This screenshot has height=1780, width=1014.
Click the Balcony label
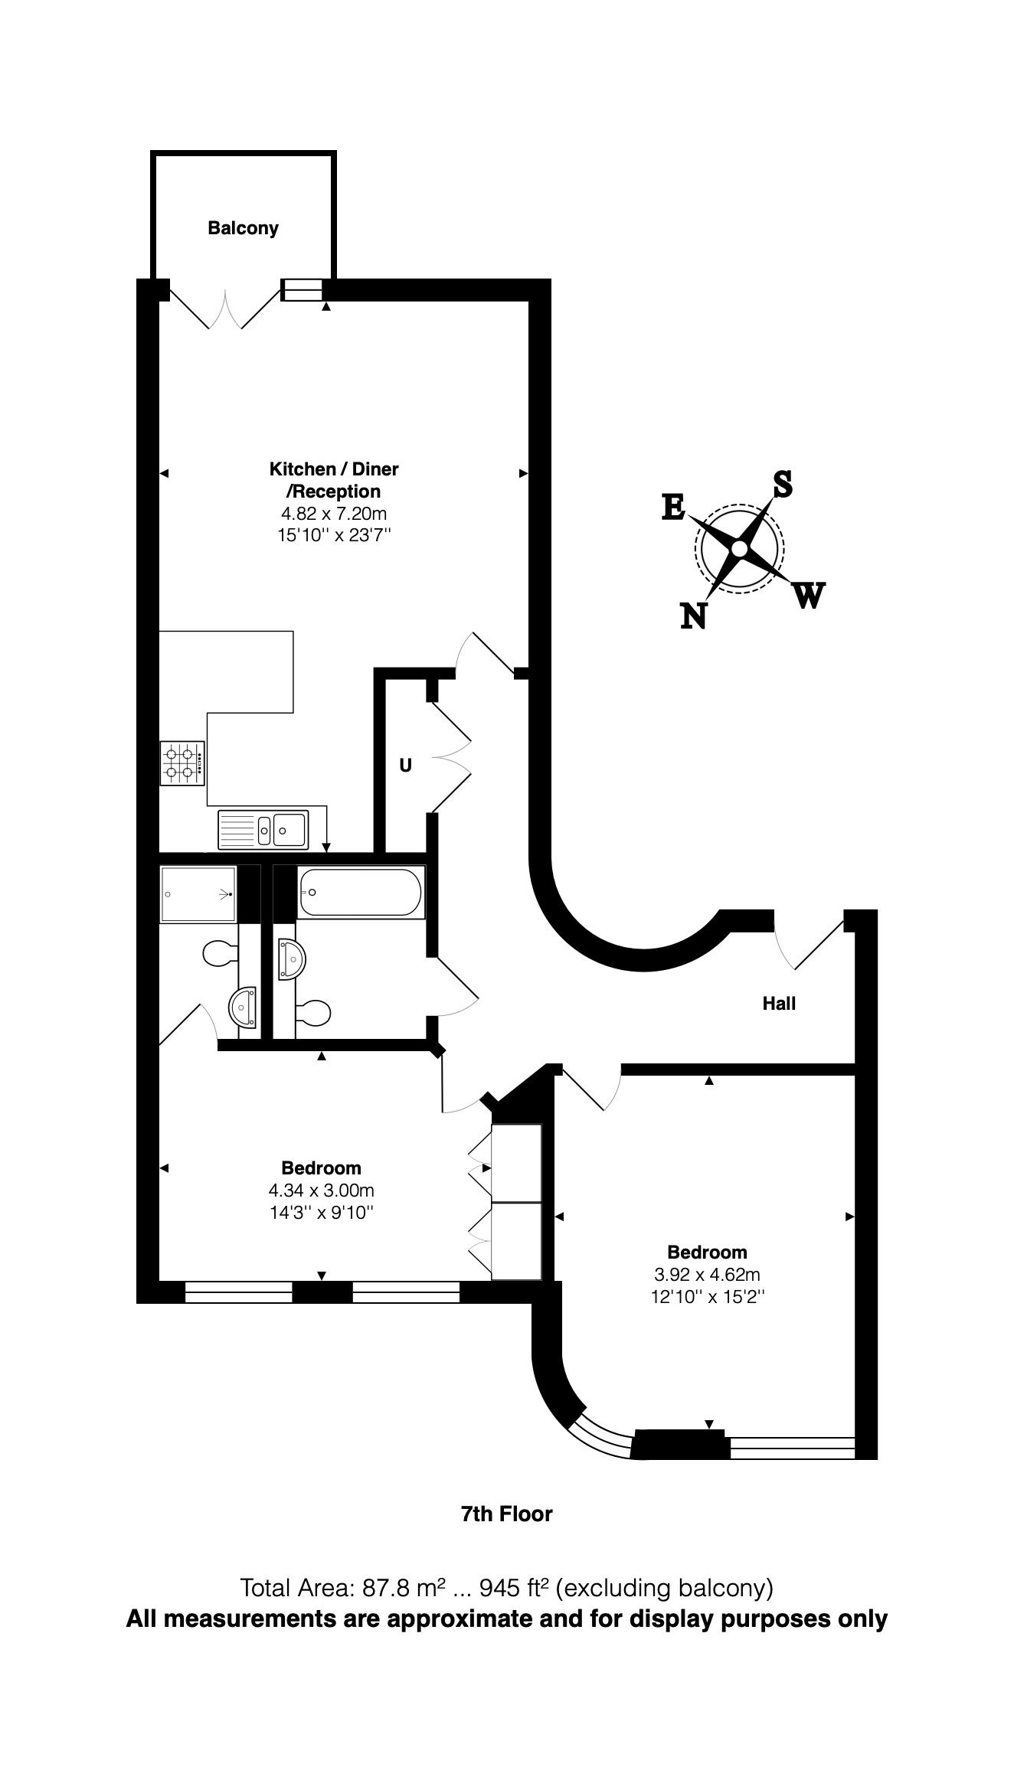[x=243, y=228]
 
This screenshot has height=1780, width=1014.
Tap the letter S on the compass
[x=782, y=484]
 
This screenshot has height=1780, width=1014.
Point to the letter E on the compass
[x=673, y=508]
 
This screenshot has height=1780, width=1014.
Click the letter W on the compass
[x=809, y=596]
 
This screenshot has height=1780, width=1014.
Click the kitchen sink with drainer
[x=263, y=829]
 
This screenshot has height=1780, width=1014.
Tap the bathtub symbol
[x=360, y=892]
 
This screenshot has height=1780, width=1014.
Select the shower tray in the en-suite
[x=198, y=893]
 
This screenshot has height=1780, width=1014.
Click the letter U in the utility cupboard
[x=405, y=765]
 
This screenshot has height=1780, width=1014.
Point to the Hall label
[x=779, y=1004]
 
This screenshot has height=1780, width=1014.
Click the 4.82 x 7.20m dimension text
[x=334, y=514]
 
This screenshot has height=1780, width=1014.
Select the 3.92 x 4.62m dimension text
[x=706, y=1275]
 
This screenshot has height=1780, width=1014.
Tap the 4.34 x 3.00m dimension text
[x=321, y=1190]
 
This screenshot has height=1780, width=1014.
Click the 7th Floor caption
[x=506, y=1514]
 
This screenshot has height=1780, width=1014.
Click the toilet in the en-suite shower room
[x=221, y=953]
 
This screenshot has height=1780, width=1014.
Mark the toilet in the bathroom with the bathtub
[x=314, y=1014]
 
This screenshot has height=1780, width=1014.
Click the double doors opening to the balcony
[x=226, y=310]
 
